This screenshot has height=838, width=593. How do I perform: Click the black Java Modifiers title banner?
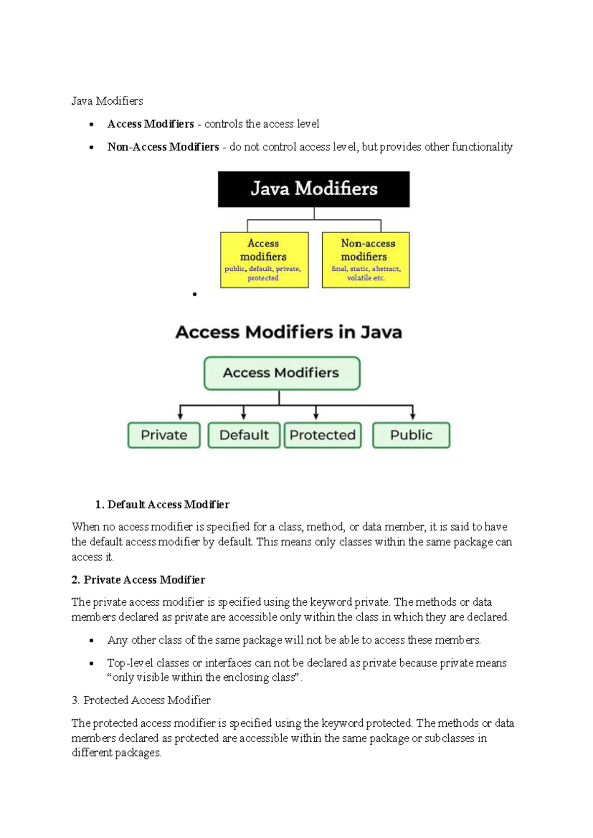(314, 189)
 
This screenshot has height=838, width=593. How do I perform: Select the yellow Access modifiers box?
(264, 260)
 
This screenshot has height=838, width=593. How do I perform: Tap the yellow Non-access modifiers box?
(366, 260)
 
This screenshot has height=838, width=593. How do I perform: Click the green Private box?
(164, 435)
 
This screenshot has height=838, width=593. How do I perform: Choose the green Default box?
(244, 435)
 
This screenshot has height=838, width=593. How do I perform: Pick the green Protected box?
(323, 435)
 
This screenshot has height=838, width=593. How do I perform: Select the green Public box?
(411, 435)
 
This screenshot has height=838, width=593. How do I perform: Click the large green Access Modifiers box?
(282, 373)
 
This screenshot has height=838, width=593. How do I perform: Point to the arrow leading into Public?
(413, 413)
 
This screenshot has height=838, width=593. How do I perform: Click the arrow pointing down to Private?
(180, 413)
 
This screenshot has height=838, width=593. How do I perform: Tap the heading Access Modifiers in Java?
(289, 332)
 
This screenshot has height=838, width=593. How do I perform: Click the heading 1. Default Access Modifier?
(163, 504)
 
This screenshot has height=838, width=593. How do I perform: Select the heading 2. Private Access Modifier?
(138, 580)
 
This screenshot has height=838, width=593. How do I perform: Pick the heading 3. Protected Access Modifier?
(141, 700)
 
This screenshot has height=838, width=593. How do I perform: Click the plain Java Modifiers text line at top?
(107, 101)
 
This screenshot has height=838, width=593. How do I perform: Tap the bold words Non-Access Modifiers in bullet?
(163, 147)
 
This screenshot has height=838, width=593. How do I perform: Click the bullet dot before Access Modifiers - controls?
(91, 125)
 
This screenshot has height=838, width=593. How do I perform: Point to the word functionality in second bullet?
(482, 147)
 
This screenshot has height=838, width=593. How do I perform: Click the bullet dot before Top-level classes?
(91, 664)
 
